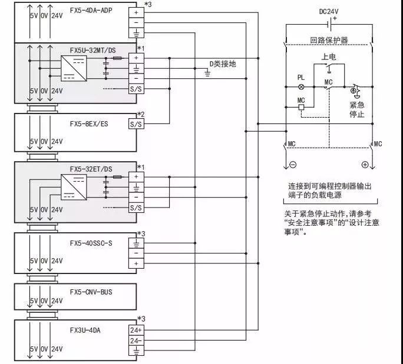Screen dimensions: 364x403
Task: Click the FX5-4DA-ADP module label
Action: (91, 10)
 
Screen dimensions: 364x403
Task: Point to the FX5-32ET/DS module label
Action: (91, 169)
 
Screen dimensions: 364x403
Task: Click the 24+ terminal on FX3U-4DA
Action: (136, 330)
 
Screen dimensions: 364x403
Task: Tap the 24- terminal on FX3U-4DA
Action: (136, 340)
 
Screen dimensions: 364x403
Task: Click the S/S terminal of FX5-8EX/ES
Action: (136, 124)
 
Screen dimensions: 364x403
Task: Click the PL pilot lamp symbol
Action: (301, 86)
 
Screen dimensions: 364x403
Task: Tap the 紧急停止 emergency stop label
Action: (356, 109)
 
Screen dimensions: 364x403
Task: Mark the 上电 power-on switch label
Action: (328, 57)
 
